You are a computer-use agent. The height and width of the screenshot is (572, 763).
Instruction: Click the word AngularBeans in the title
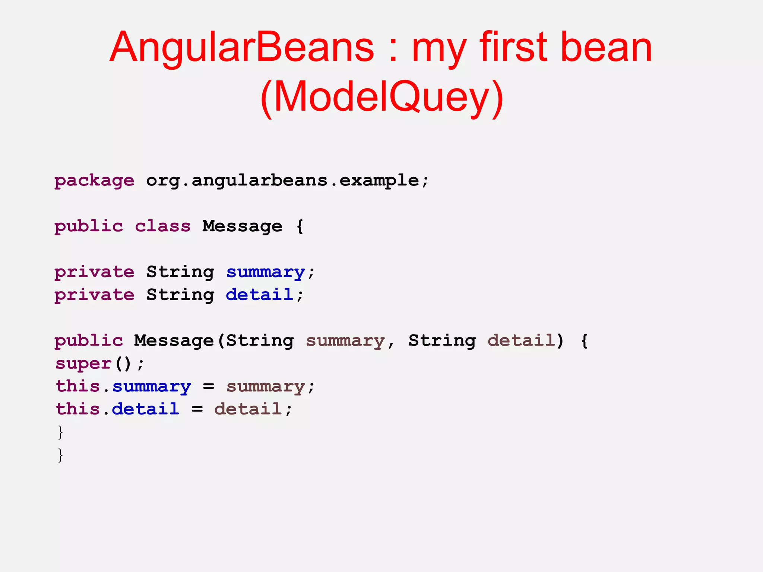(241, 48)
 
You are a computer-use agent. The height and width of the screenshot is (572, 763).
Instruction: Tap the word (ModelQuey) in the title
(381, 98)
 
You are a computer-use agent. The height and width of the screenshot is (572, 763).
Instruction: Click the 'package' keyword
(94, 181)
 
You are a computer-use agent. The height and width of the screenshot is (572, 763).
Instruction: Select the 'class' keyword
(162, 226)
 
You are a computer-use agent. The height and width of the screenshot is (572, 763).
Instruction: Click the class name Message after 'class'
(242, 226)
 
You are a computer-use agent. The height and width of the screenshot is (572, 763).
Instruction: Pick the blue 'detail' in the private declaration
(259, 295)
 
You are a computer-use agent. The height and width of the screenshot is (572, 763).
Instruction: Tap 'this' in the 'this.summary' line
(78, 386)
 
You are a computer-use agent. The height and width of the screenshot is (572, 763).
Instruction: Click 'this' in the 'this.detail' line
(78, 409)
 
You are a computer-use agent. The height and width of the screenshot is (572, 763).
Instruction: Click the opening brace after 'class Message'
(300, 226)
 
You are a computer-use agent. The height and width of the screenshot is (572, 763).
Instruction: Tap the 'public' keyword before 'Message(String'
(89, 341)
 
